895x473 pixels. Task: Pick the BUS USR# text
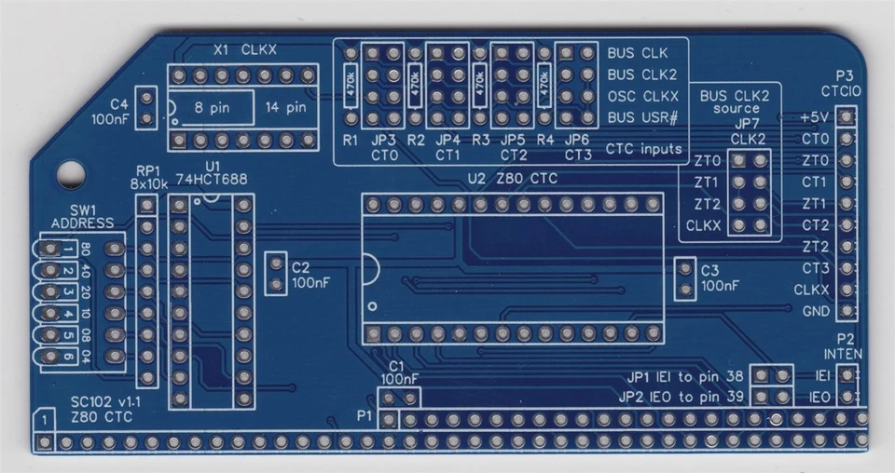[642, 117]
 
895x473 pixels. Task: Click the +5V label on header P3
[813, 118]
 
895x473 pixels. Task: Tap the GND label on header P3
[815, 311]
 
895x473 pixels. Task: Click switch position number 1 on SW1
[69, 250]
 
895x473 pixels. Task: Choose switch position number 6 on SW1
[69, 358]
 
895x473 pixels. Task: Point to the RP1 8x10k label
[149, 178]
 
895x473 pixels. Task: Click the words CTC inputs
[643, 149]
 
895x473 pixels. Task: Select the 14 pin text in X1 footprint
[285, 107]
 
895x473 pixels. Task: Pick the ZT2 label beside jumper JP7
[708, 204]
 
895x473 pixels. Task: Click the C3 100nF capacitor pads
[686, 279]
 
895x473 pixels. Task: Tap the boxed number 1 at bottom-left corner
[43, 421]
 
